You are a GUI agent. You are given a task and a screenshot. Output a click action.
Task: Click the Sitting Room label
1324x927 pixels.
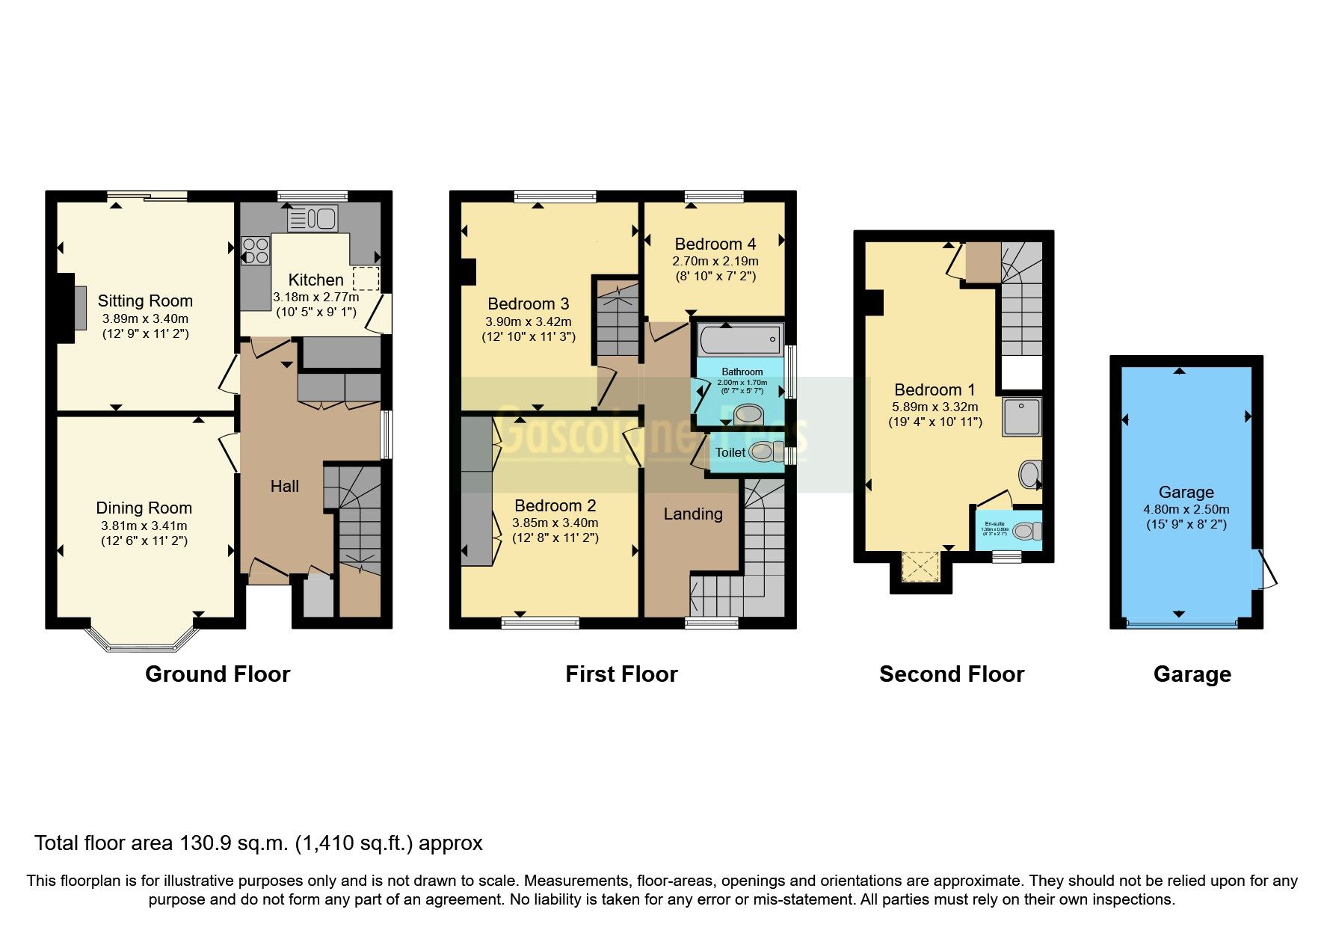[x=145, y=301]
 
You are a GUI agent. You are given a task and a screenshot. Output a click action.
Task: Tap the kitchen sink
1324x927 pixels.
[x=313, y=219]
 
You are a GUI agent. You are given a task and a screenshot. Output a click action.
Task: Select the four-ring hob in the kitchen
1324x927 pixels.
[x=256, y=250]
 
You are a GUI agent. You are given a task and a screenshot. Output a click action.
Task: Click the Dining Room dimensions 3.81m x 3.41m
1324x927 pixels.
[x=144, y=526]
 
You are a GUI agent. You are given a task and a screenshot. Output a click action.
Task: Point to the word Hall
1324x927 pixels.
[x=284, y=486]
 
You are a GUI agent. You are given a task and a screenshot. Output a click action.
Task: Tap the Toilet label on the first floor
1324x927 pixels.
[x=730, y=452]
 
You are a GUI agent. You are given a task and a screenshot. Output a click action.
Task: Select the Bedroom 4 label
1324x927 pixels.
[x=715, y=244]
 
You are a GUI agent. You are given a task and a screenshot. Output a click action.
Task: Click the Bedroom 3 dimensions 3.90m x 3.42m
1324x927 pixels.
[x=528, y=321]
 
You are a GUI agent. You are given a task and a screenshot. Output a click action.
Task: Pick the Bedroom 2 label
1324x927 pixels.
[x=555, y=505]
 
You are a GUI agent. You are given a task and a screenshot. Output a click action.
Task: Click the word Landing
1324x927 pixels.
[x=693, y=514]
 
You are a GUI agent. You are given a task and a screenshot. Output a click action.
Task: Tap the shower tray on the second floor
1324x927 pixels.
[x=1022, y=417]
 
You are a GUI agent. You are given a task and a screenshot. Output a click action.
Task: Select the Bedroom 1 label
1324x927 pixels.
[x=935, y=389]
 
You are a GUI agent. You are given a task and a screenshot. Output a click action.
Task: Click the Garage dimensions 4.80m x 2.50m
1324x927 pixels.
[x=1186, y=509]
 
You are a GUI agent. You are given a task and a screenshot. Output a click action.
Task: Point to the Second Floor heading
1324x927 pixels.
[x=951, y=674]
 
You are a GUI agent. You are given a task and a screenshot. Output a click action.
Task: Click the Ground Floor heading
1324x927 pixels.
[x=217, y=674]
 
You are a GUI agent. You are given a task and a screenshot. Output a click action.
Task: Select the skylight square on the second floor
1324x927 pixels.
[x=921, y=567]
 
